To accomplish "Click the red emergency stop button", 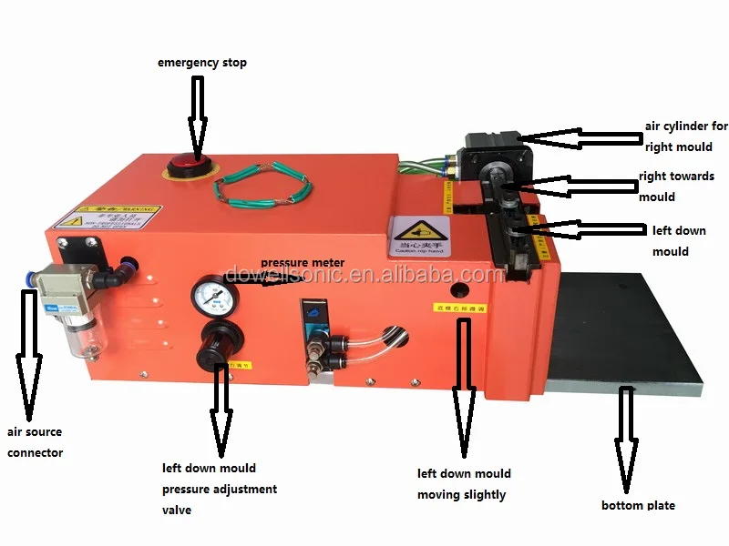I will click(187, 167).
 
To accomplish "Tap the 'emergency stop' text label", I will click(201, 63).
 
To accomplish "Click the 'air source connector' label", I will click(34, 442).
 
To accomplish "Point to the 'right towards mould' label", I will click(676, 187).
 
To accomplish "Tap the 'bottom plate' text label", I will click(638, 505).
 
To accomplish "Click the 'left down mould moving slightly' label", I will click(463, 484).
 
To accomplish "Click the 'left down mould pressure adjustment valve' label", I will click(220, 490).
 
